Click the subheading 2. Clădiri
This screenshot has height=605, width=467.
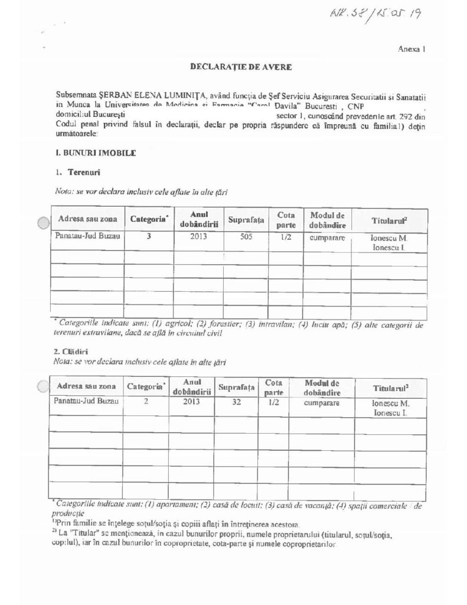[73, 352]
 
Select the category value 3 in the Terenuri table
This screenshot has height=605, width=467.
[149, 238]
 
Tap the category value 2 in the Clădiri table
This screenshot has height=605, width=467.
[145, 402]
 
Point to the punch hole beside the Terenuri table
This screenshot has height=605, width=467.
[43, 223]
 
